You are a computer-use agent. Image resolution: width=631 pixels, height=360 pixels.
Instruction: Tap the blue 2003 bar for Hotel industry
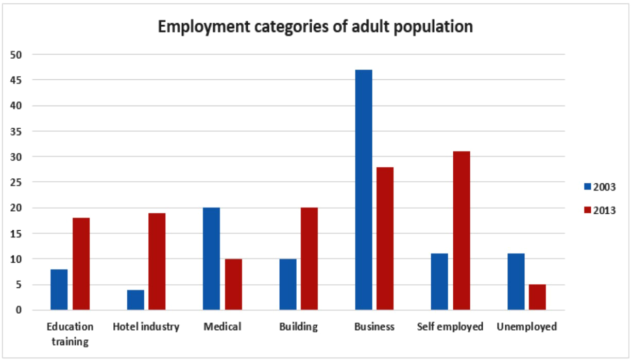tap(135, 300)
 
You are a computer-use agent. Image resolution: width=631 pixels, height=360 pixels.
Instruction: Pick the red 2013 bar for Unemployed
tap(537, 297)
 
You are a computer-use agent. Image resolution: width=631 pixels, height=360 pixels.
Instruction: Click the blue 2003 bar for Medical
tap(211, 259)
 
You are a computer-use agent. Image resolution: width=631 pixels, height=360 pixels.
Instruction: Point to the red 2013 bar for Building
tap(309, 259)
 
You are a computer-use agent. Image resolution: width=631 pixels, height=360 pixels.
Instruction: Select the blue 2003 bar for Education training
tap(59, 289)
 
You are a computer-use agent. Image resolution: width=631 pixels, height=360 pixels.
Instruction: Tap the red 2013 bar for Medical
tap(233, 284)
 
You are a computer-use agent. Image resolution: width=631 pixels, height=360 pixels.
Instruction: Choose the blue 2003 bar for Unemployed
tap(516, 282)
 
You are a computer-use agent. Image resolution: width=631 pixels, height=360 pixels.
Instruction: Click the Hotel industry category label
tap(146, 327)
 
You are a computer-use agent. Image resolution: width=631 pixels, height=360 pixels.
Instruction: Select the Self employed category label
tap(450, 327)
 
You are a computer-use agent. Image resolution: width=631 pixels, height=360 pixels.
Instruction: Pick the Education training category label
tap(70, 334)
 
